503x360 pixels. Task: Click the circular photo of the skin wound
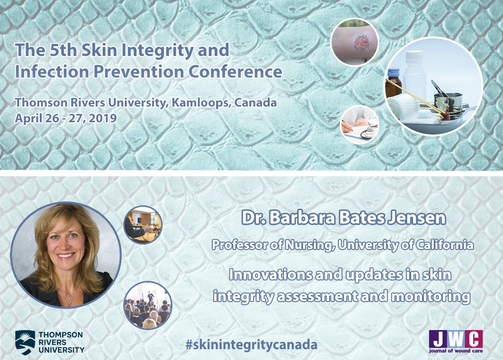[x=355, y=42]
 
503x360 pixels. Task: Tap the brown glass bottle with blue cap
[x=393, y=83]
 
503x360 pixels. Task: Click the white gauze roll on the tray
[x=403, y=107]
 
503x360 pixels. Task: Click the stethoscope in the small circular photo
[x=369, y=132]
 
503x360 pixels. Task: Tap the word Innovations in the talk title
[x=270, y=275]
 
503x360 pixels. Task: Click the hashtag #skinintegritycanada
[x=251, y=345]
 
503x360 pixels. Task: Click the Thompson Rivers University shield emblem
[x=25, y=342]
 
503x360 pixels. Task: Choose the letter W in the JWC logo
[x=456, y=339]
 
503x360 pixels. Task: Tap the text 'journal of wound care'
[x=456, y=351]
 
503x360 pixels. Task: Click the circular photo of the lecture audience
[x=148, y=305]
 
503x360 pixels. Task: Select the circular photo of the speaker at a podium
[x=143, y=224]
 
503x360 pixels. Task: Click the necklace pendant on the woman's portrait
[x=68, y=303]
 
